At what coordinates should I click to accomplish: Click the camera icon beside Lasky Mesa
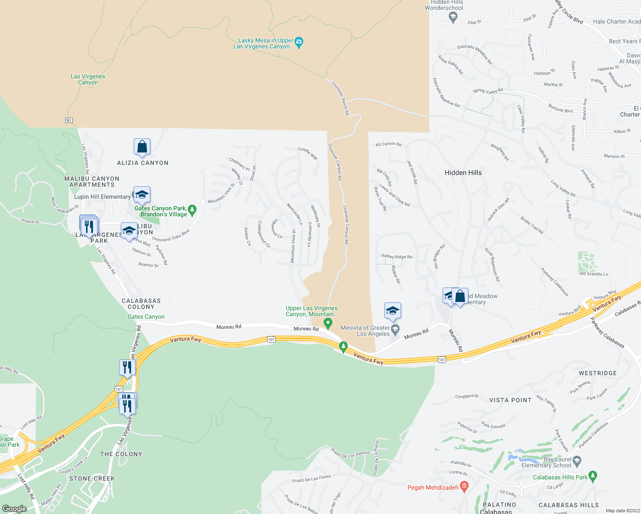coord(299,42)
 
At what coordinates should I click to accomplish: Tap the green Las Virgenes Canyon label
coord(88,80)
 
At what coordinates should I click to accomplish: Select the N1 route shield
coord(69,120)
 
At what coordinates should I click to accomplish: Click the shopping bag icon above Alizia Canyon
coord(142,147)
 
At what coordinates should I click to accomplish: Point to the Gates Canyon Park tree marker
coord(192,210)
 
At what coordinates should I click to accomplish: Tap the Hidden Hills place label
coord(463,173)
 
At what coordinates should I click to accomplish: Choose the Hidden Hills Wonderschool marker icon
coord(453,17)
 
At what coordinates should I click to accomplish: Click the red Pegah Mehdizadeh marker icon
coord(464,487)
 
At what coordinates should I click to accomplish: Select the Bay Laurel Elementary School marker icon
coord(577,461)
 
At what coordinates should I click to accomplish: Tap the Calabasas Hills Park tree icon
coord(593,476)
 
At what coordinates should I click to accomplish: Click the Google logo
coord(15,508)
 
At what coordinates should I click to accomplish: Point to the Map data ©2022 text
coord(623,511)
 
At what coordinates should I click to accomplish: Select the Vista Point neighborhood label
coord(510,400)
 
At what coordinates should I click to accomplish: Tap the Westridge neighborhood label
coord(598,373)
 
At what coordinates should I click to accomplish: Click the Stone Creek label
coord(92,478)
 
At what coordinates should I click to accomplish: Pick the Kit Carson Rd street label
coord(389,144)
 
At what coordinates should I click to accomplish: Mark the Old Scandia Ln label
coord(593,274)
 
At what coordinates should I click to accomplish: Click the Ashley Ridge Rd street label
coord(397,257)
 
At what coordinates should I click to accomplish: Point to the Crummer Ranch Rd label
coord(341,98)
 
